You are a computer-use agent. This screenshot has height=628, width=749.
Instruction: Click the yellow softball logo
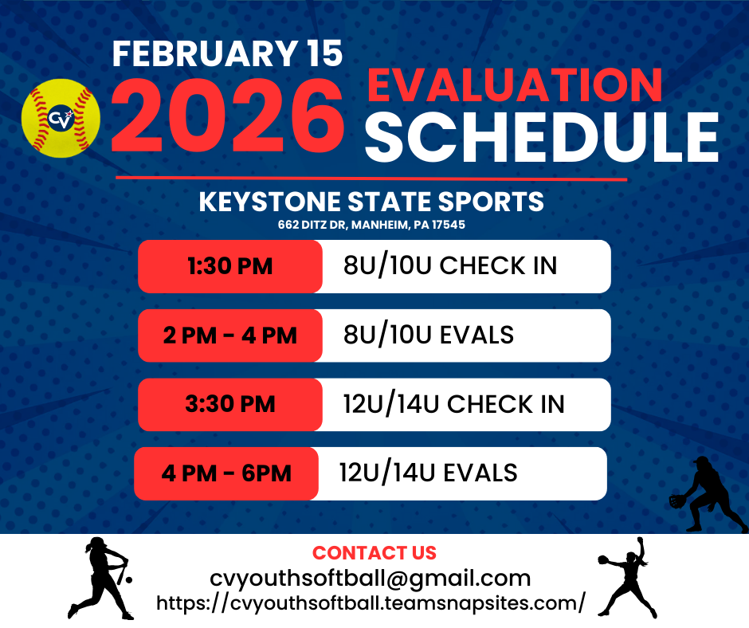point(61,118)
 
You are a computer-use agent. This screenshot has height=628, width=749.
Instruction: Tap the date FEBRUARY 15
point(227,53)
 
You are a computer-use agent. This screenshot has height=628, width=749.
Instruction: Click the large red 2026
point(227,116)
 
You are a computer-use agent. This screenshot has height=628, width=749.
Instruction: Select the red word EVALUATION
point(515,85)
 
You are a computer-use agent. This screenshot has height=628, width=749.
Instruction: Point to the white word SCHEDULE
point(542,138)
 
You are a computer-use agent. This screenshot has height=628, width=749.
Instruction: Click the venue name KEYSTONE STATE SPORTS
point(371,201)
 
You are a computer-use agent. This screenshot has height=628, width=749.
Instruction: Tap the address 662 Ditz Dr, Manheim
point(371,225)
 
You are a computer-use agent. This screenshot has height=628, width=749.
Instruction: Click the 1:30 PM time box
point(230,266)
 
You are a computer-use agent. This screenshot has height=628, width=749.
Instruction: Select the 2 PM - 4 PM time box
point(230,336)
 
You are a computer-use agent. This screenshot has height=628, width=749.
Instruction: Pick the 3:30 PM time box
point(230,404)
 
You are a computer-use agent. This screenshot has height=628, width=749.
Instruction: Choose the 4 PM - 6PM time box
point(226,473)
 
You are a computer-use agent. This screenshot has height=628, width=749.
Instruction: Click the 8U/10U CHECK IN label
point(450,265)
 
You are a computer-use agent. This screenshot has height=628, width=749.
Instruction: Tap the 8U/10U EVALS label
point(429,335)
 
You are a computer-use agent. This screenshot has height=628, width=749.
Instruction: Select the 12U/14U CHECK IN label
point(454,404)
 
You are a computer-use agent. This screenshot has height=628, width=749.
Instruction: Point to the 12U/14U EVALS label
point(429,473)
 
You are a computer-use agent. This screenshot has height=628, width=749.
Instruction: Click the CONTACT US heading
point(374,553)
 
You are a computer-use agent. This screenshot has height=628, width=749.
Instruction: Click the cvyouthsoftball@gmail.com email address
point(371,579)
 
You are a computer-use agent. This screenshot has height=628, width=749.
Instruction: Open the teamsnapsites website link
point(371,603)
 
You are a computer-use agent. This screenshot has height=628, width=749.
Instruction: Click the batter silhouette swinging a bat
point(100,579)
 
